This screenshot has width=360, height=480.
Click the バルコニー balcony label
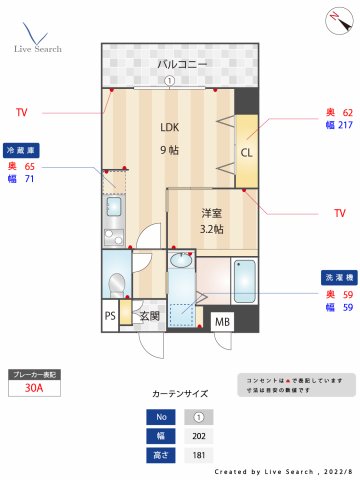click(x=181, y=64)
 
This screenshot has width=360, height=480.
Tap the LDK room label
click(x=169, y=127)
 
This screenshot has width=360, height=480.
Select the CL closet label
click(x=246, y=152)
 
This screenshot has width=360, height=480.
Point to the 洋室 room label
click(x=210, y=213)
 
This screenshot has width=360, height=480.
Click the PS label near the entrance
click(x=111, y=316)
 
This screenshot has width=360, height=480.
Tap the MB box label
click(x=222, y=322)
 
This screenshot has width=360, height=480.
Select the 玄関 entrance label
click(x=149, y=317)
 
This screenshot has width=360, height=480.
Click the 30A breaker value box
click(x=34, y=391)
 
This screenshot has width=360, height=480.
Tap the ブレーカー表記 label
click(x=34, y=374)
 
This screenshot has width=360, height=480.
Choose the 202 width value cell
click(x=198, y=436)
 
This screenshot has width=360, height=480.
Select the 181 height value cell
click(x=198, y=455)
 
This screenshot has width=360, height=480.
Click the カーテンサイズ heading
click(x=181, y=394)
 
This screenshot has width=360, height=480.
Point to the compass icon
click(x=334, y=18)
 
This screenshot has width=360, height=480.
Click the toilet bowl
click(x=117, y=283)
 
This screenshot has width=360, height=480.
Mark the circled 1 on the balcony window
click(x=170, y=82)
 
